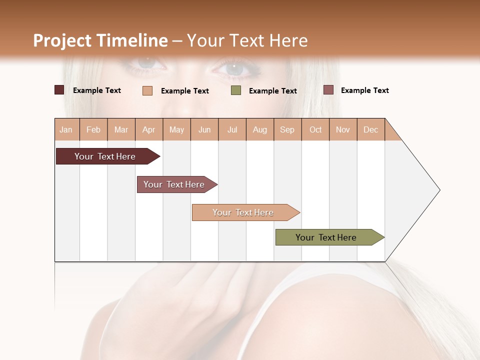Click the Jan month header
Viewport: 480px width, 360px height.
(66, 129)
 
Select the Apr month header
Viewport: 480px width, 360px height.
(148, 129)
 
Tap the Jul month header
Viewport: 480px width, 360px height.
(232, 129)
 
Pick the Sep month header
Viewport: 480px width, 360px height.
(287, 129)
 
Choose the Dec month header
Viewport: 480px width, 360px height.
(370, 129)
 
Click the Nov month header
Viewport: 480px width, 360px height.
(342, 129)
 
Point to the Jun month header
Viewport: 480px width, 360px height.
(204, 129)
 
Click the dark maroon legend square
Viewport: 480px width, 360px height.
(59, 90)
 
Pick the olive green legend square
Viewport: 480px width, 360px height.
(236, 90)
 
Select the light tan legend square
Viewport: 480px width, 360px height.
(147, 90)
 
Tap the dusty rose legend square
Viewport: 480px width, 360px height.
(328, 90)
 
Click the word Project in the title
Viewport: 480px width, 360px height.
(62, 40)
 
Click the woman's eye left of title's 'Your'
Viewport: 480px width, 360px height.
(150, 63)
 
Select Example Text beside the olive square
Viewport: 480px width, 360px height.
(272, 90)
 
